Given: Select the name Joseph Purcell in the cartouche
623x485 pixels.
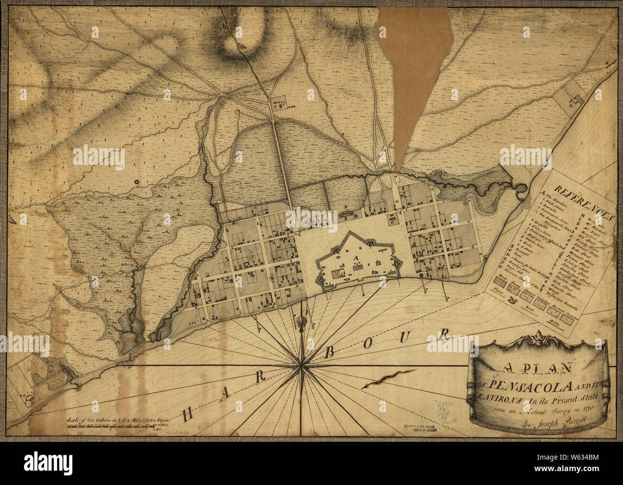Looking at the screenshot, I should coord(551,422).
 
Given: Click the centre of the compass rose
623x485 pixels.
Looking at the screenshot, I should coord(300,366).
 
